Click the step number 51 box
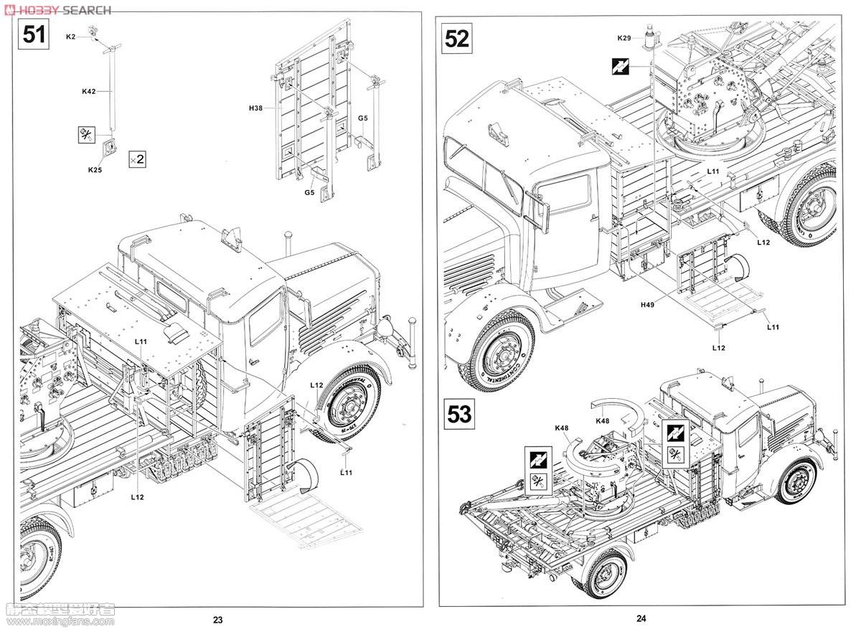[34, 34]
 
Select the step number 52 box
[457, 37]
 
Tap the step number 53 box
[459, 415]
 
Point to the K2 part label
[70, 36]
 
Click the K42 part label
[88, 91]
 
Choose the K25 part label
[94, 170]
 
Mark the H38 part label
[256, 108]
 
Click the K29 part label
[624, 37]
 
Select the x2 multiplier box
[136, 159]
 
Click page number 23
[218, 620]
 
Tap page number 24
[641, 618]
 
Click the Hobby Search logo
[57, 9]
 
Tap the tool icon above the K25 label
[87, 133]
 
